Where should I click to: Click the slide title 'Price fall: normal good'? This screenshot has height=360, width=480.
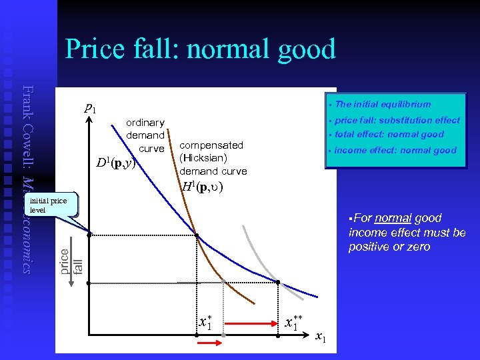point(199,50)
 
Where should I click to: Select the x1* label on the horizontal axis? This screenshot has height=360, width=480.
point(205,322)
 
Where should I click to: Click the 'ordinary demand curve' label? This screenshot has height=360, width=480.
point(145,135)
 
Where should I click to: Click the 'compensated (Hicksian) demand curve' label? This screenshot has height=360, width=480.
point(213,158)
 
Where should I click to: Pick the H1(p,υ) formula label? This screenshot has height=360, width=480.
point(203,186)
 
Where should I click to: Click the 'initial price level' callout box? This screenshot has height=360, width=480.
point(49,205)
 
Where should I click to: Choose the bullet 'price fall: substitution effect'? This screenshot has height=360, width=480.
point(397,120)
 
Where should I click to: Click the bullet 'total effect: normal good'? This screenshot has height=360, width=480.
point(389,134)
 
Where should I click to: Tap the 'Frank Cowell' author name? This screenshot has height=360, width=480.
point(27,127)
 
